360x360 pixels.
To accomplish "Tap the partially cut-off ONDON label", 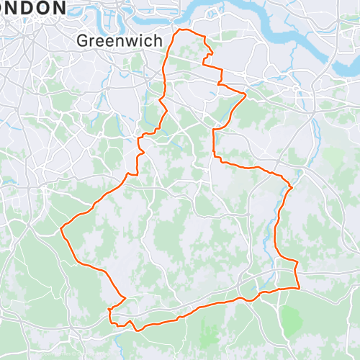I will (32, 8).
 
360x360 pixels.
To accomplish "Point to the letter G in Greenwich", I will (84, 41).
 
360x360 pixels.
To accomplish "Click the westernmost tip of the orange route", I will (62, 229).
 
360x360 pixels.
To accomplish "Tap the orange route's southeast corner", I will (298, 288).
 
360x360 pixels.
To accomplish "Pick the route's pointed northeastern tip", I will (246, 94).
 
